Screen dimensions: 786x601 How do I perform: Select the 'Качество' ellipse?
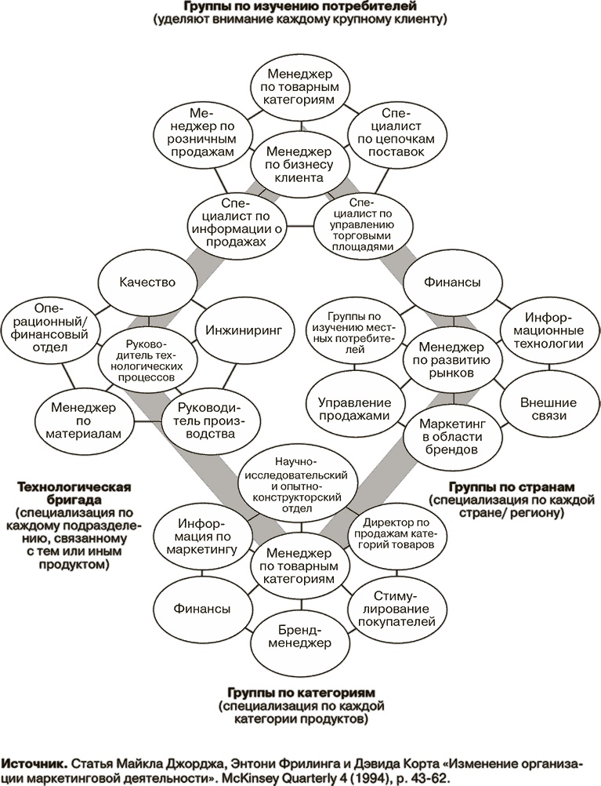(147, 282)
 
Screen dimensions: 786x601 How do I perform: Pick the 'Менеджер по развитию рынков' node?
(446, 359)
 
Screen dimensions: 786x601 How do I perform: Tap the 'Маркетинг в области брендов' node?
(446, 437)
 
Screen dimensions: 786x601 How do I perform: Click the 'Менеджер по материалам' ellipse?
(85, 420)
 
